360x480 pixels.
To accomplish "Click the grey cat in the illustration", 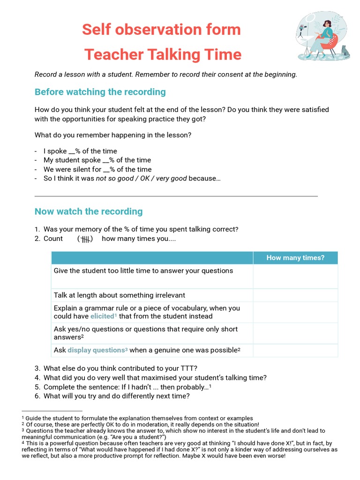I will click(345, 51).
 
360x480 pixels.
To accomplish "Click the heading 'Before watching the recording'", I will click(100, 92).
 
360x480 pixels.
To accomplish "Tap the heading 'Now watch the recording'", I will click(89, 211).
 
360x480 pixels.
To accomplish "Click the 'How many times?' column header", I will click(295, 258).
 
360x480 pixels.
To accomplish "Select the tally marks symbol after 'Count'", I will click(85, 239).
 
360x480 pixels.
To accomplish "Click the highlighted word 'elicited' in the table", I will click(102, 316).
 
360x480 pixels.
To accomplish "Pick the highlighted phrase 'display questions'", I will click(96, 350).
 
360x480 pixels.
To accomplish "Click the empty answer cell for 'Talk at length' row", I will click(295, 295).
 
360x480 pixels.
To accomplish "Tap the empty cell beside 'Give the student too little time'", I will click(295, 277).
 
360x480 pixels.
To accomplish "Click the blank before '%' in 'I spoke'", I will click(72, 151).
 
